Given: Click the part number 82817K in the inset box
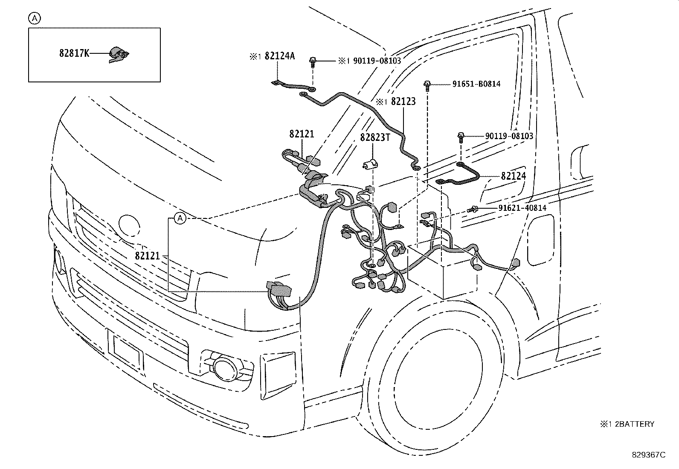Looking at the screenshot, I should (x=74, y=53).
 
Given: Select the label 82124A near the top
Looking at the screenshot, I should (x=279, y=56).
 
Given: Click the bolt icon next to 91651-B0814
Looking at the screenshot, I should (x=427, y=85).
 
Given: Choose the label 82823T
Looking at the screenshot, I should (x=375, y=137).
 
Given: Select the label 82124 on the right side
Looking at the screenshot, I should (x=513, y=176).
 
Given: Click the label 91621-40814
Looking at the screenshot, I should (x=522, y=208).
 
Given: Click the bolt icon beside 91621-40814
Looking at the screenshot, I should (x=473, y=209).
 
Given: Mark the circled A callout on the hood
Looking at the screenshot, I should (x=180, y=218).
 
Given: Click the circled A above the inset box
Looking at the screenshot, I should (x=35, y=18).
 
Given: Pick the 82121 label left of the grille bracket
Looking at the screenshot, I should (x=148, y=256).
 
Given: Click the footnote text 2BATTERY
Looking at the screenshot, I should (x=635, y=424).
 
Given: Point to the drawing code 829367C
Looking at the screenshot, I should (x=648, y=455).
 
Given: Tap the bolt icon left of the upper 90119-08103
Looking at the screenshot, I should (x=313, y=62).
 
